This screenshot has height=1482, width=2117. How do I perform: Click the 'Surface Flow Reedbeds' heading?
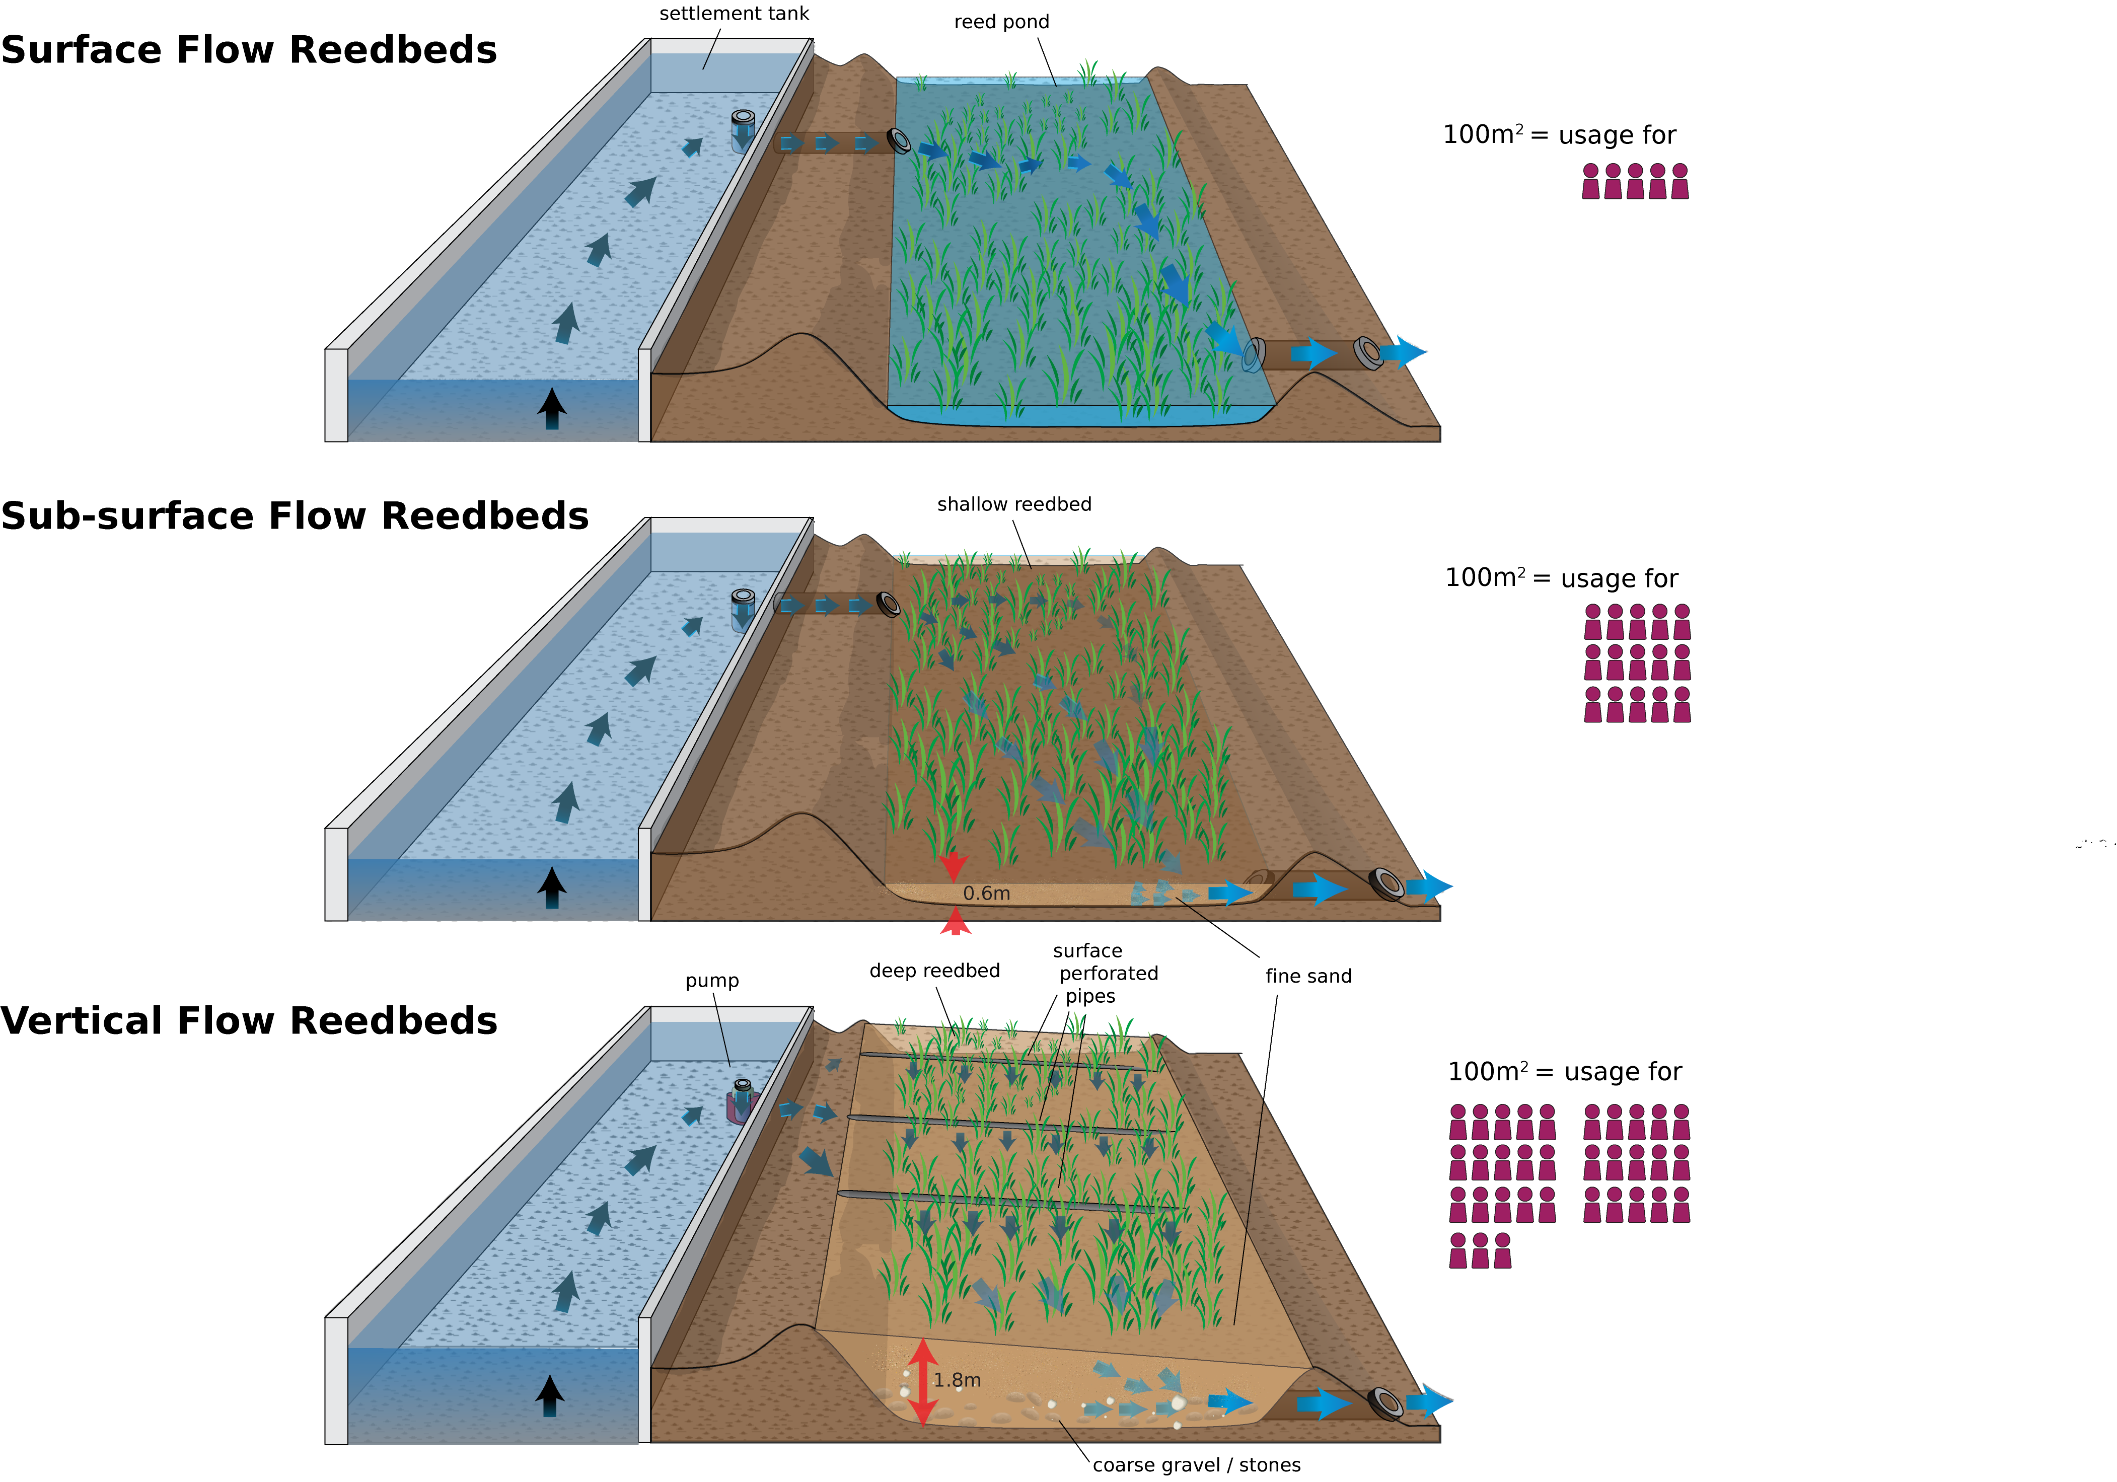click(249, 50)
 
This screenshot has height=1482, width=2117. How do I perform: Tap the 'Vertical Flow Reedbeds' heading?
click(249, 1021)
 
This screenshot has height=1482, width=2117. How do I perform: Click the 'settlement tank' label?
click(734, 14)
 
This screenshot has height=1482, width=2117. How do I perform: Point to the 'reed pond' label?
click(1001, 22)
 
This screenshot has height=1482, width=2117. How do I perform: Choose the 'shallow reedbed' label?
click(1014, 504)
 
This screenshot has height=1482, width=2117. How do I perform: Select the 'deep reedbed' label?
click(934, 971)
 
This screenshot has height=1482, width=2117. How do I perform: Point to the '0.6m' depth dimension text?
click(987, 894)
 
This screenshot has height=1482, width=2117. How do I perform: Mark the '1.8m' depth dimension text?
click(957, 1380)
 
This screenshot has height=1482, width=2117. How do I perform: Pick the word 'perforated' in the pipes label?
click(1108, 974)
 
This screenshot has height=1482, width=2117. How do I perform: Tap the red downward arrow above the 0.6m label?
click(954, 867)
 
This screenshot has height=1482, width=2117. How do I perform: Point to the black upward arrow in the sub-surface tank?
click(551, 887)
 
